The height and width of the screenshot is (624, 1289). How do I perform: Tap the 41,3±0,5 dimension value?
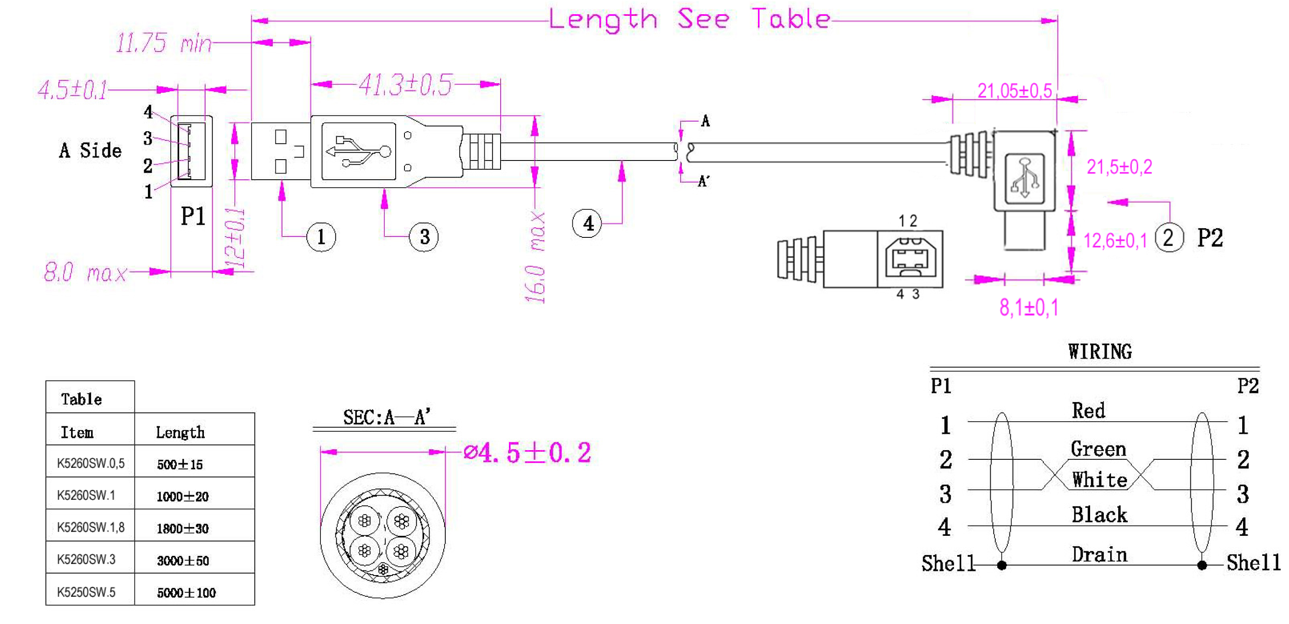405,84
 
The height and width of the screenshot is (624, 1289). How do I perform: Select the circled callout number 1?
321,237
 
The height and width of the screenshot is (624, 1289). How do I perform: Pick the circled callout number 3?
424,237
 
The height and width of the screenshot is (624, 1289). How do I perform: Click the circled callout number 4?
587,223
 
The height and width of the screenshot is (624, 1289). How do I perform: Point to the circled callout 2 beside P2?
1170,238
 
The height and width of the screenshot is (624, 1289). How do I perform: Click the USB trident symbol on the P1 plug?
358,151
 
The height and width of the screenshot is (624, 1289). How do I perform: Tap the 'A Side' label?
91,150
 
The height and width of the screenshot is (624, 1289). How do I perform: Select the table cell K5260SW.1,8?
91,527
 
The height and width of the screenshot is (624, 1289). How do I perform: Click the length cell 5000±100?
186,593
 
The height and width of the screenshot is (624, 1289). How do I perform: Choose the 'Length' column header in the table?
180,432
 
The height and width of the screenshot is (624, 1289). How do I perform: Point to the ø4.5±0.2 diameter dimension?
527,452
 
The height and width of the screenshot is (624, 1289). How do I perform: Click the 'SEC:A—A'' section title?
386,416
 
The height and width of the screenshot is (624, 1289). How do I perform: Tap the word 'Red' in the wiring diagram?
1088,410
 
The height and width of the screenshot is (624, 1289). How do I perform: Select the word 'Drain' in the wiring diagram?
1099,555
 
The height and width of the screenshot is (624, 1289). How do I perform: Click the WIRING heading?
1100,351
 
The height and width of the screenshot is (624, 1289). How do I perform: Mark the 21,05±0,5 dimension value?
1014,91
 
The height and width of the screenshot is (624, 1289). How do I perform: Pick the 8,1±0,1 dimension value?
1029,307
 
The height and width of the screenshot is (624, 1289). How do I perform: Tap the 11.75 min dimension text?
164,43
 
